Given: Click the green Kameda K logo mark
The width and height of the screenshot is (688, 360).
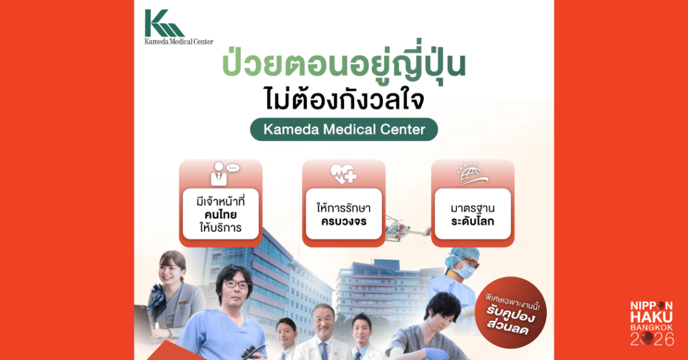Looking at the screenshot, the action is [164, 23].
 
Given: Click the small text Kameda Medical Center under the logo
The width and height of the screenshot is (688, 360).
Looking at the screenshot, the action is [179, 41].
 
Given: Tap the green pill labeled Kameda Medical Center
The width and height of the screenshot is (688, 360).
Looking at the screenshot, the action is [344, 130].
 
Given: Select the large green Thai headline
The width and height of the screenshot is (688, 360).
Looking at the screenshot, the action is [343, 65].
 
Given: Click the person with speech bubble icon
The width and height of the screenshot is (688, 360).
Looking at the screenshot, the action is [224, 173].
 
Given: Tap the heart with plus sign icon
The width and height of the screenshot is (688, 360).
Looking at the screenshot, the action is [343, 173].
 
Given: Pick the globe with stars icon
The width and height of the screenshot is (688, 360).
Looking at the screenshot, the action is [472, 173].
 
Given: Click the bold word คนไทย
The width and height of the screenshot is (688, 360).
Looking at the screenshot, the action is [221, 215].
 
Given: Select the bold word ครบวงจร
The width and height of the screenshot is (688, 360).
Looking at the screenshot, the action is [343, 221].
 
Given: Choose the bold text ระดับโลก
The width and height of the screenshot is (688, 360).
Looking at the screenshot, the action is [472, 221].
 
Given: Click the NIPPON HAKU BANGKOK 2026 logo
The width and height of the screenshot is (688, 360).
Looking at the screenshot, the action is [651, 323].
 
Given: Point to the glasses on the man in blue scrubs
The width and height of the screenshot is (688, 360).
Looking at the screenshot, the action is [236, 284].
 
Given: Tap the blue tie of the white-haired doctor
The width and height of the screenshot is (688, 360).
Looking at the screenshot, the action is [324, 351].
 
